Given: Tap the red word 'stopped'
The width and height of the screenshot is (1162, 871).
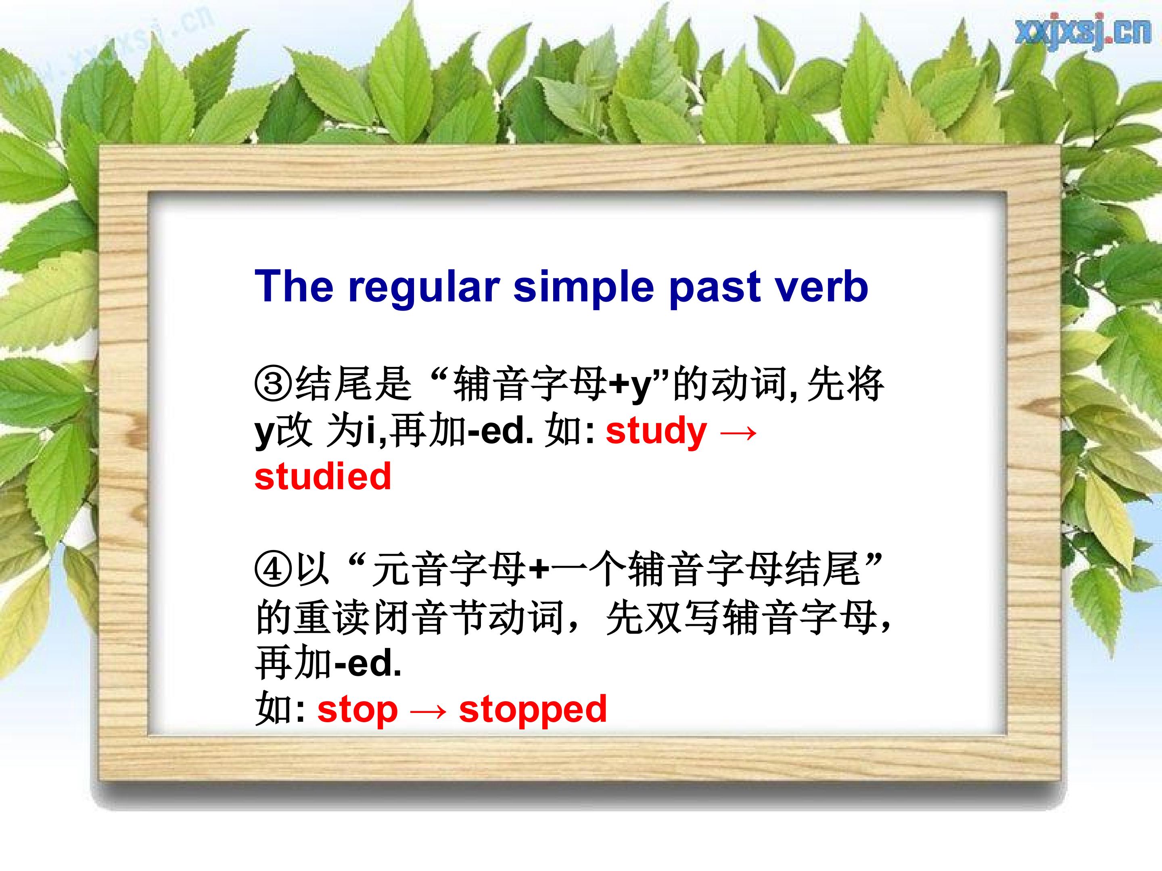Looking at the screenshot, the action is (533, 709).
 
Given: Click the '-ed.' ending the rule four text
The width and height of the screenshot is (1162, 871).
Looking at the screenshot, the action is (368, 663).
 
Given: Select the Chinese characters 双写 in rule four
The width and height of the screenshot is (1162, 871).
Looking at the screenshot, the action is (682, 617).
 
